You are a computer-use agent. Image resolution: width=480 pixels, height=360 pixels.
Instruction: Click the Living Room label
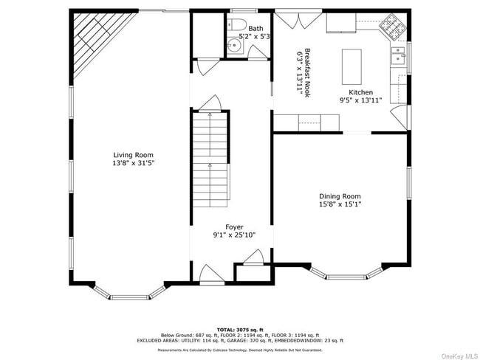click(133, 155)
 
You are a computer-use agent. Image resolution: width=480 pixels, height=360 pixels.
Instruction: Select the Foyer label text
click(234, 227)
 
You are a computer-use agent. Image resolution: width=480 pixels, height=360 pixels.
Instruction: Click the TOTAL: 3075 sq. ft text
click(239, 328)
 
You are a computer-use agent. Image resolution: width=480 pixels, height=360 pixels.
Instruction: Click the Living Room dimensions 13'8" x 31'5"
click(133, 163)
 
